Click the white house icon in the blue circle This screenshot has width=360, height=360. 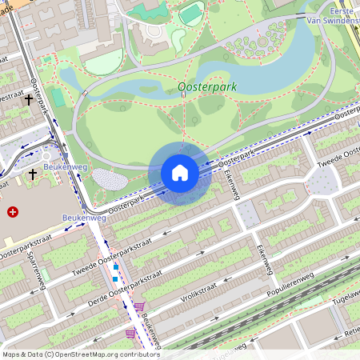click(180, 173)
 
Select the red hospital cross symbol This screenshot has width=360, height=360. click(12, 212)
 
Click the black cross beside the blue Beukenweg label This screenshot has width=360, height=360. click(33, 174)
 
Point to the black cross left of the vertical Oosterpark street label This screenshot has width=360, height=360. click(30, 100)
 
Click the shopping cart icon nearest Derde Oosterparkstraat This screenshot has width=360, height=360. click(139, 306)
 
